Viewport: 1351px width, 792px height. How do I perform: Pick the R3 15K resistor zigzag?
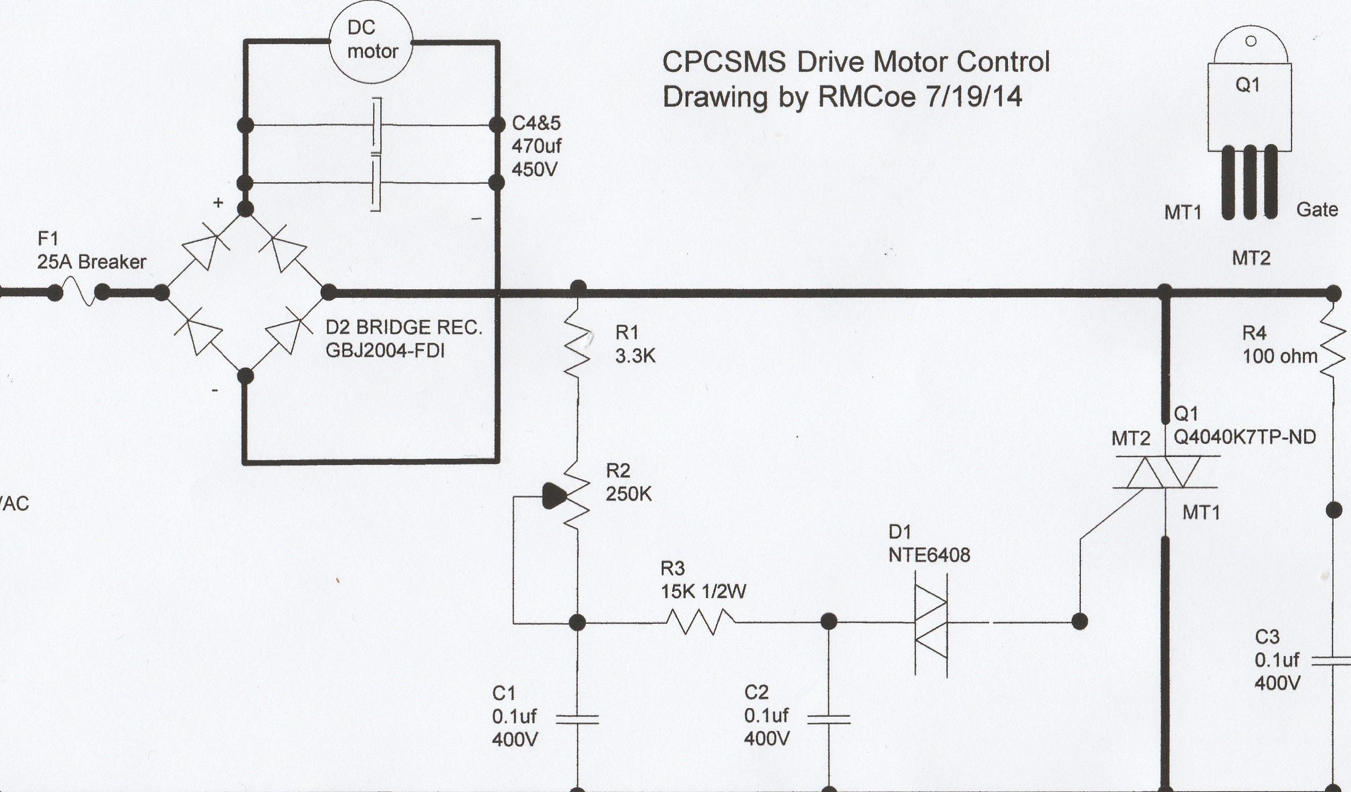(x=700, y=622)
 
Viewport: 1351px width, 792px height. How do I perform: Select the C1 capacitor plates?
(x=577, y=719)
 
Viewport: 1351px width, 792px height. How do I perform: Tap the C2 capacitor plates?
(x=829, y=719)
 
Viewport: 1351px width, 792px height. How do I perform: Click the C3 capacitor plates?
(x=1333, y=662)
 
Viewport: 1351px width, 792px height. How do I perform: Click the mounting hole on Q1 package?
(x=1251, y=42)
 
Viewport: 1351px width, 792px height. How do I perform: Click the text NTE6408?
(x=929, y=555)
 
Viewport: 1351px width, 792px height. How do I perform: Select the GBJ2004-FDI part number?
(x=385, y=351)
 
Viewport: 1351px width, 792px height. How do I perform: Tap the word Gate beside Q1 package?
(x=1316, y=210)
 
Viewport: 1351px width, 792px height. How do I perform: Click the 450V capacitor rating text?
(x=534, y=169)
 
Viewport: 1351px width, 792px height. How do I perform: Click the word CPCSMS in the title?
(x=725, y=62)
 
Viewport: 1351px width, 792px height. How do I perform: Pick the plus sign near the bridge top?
(x=218, y=203)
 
